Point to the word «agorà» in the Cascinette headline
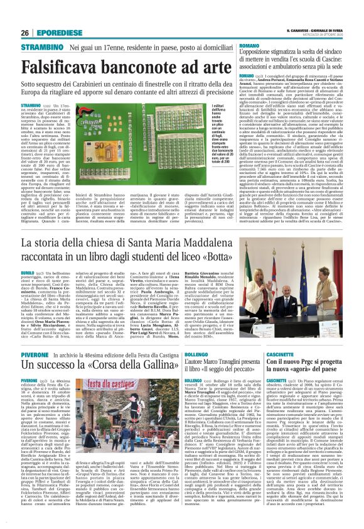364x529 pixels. click(314, 373)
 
